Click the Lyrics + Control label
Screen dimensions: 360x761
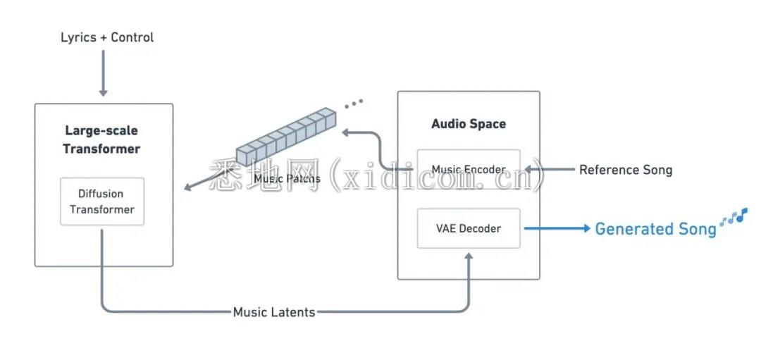pyautogui.click(x=107, y=37)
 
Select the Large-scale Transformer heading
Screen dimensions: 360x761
pyautogui.click(x=102, y=139)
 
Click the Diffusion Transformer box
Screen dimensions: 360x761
pyautogui.click(x=102, y=201)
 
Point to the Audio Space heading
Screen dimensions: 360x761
pyautogui.click(x=469, y=124)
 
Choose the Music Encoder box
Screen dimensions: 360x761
pyautogui.click(x=469, y=170)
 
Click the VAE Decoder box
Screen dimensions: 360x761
pyautogui.click(x=469, y=228)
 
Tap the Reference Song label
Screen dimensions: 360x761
pyautogui.click(x=626, y=170)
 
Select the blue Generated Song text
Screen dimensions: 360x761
pyautogui.click(x=655, y=229)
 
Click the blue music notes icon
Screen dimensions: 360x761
pyautogui.click(x=734, y=218)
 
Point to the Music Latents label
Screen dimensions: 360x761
pyautogui.click(x=274, y=311)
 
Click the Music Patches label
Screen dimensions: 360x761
pyautogui.click(x=287, y=179)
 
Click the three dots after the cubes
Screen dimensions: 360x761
pyautogui.click(x=354, y=104)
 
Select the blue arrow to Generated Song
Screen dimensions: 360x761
pyautogui.click(x=557, y=228)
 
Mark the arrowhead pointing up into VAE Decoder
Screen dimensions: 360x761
pyautogui.click(x=469, y=258)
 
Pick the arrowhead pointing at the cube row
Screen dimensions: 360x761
pyautogui.click(x=346, y=131)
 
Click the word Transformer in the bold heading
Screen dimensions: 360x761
pyautogui.click(x=101, y=149)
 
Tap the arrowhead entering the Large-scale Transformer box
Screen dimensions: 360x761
pyautogui.click(x=187, y=187)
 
